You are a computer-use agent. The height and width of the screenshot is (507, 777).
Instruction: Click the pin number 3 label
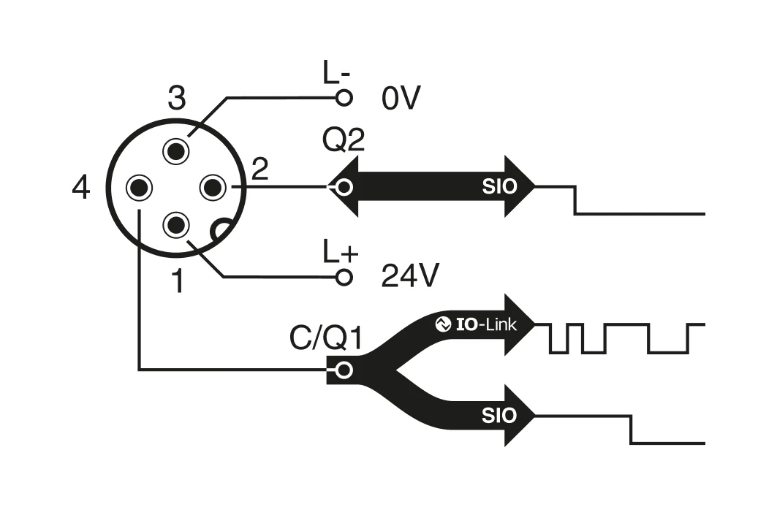pyautogui.click(x=176, y=98)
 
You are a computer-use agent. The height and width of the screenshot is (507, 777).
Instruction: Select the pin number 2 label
pyautogui.click(x=259, y=170)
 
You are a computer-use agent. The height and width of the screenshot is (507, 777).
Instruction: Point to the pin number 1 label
pyautogui.click(x=177, y=282)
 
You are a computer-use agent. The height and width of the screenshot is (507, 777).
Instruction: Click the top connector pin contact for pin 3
pyautogui.click(x=176, y=151)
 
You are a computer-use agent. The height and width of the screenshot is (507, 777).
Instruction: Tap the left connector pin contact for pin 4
pyautogui.click(x=139, y=188)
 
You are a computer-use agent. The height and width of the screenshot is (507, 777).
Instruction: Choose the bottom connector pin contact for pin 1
pyautogui.click(x=176, y=224)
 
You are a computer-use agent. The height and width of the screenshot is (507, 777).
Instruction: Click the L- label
pyautogui.click(x=337, y=73)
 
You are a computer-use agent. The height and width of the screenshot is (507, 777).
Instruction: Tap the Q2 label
pyautogui.click(x=344, y=141)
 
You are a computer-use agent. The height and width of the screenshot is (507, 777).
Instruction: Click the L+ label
pyautogui.click(x=341, y=252)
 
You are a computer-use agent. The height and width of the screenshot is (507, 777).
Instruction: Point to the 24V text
pyautogui.click(x=410, y=276)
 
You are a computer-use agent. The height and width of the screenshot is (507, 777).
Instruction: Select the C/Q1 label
pyautogui.click(x=326, y=338)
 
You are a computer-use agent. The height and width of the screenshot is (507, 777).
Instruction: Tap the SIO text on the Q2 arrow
pyautogui.click(x=499, y=187)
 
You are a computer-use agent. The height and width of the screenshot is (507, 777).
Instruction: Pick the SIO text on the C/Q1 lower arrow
pyautogui.click(x=499, y=416)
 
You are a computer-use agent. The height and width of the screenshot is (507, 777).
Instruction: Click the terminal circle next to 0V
pyautogui.click(x=344, y=97)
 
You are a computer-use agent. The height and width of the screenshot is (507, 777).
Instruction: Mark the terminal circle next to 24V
pyautogui.click(x=344, y=277)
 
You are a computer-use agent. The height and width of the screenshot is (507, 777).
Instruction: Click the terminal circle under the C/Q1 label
pyautogui.click(x=344, y=370)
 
